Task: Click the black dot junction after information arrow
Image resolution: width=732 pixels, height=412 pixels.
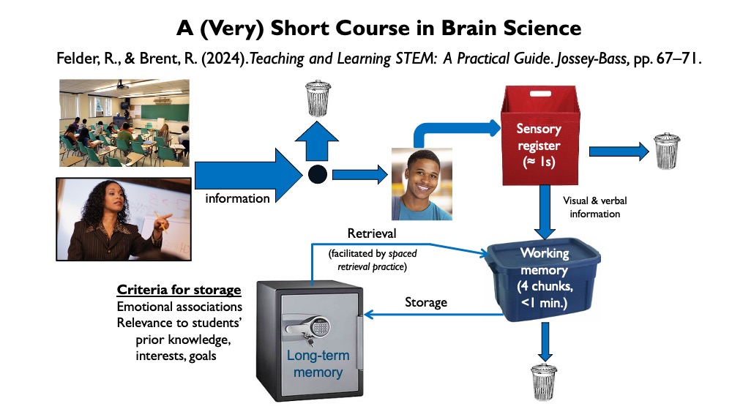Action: (316, 175)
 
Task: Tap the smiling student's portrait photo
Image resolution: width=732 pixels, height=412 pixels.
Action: (422, 184)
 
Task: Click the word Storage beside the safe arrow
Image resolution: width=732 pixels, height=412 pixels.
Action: (425, 301)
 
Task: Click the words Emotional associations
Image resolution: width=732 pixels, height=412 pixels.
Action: (179, 307)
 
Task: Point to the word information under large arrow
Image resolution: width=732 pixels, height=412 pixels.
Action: (237, 198)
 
